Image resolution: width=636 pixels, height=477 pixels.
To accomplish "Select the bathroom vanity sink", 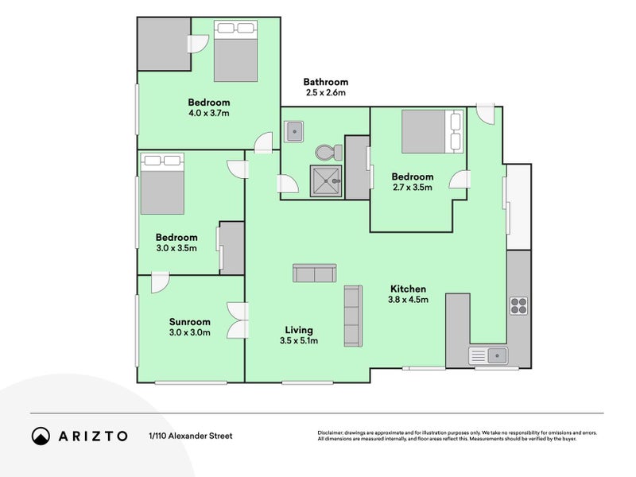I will pyautogui.click(x=294, y=130).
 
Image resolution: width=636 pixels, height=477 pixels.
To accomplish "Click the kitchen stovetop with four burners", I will pyautogui.click(x=518, y=306).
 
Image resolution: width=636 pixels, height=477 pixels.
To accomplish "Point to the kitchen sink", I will pyautogui.click(x=488, y=355).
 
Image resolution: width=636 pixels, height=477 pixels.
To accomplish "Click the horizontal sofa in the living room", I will pyautogui.click(x=314, y=273).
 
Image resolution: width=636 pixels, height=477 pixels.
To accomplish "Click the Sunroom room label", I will pyautogui.click(x=189, y=322).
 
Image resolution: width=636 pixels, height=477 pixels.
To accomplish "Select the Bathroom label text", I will pyautogui.click(x=325, y=82).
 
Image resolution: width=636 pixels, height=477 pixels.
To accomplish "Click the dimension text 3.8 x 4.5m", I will pyautogui.click(x=408, y=300).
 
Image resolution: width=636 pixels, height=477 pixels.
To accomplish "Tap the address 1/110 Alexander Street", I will pyautogui.click(x=190, y=436).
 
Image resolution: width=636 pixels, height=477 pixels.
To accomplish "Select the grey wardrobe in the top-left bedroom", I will pyautogui.click(x=161, y=44).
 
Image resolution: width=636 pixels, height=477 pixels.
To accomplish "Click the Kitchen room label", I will pyautogui.click(x=408, y=289).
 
